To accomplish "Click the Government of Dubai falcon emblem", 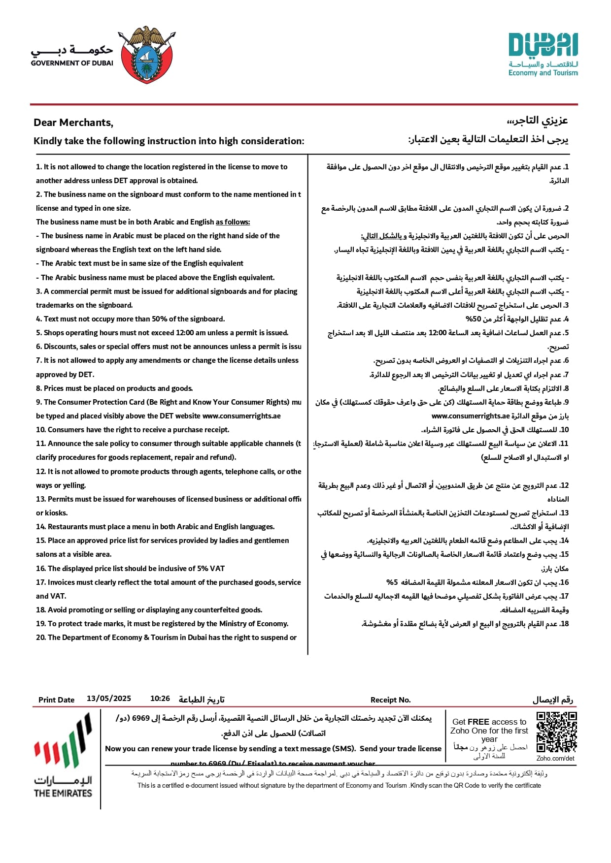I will (x=146, y=54).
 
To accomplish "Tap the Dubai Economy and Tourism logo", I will (x=543, y=55).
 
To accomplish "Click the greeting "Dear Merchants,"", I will (x=73, y=123).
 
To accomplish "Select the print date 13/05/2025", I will (x=109, y=699).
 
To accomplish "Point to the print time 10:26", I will (x=160, y=699).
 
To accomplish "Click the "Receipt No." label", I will (x=390, y=700).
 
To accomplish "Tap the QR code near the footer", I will (x=556, y=732).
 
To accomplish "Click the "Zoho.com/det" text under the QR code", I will (x=555, y=758).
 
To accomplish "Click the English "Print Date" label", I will (x=56, y=700).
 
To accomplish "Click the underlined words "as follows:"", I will (x=233, y=222).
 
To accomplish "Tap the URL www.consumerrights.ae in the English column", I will (x=241, y=416).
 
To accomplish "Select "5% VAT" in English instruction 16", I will (x=211, y=569).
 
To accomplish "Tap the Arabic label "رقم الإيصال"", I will (x=553, y=700).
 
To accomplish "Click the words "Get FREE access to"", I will (x=489, y=722).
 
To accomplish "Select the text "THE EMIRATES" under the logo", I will (x=63, y=793).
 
